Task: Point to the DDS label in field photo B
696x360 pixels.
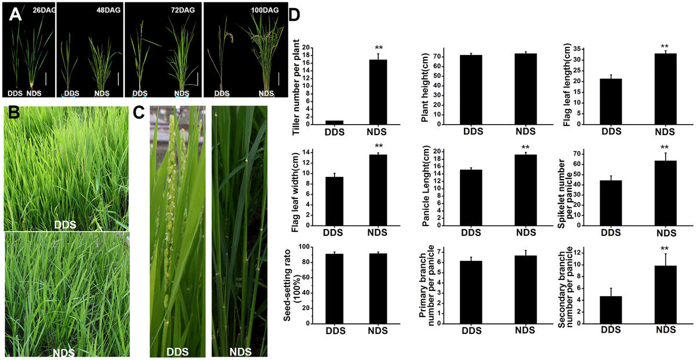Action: tap(64, 223)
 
